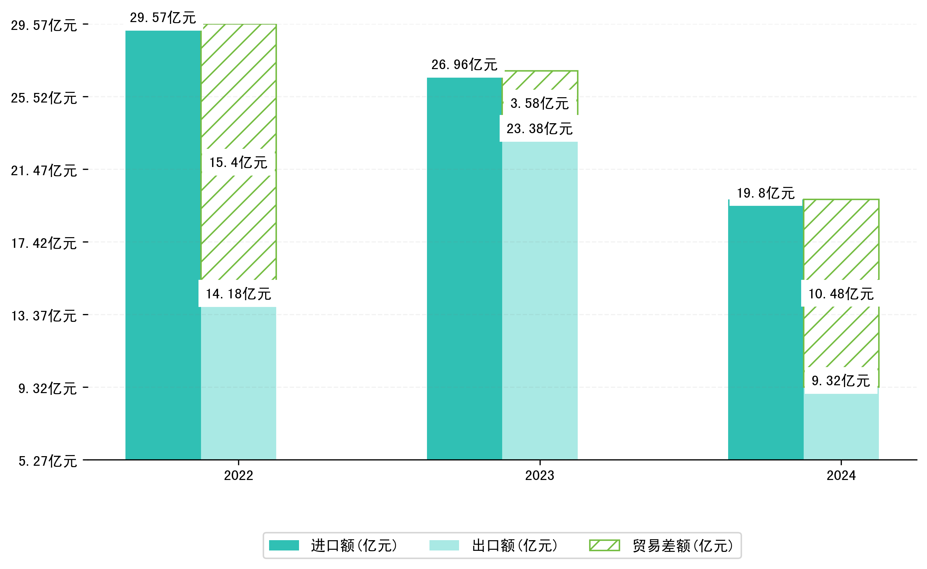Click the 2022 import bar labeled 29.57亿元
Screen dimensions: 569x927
[163, 245]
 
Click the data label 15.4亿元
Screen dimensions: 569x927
[238, 163]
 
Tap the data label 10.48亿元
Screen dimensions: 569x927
[841, 293]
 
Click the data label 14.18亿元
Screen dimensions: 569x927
[238, 293]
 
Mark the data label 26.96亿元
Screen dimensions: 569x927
[464, 65]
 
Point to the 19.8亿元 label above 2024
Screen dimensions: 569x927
[766, 193]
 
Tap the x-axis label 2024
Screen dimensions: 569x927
[841, 476]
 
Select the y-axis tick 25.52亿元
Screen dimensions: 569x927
[44, 98]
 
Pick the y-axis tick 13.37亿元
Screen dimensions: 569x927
[44, 316]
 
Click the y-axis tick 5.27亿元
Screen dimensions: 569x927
[47, 461]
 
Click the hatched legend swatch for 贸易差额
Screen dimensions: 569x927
[604, 545]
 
